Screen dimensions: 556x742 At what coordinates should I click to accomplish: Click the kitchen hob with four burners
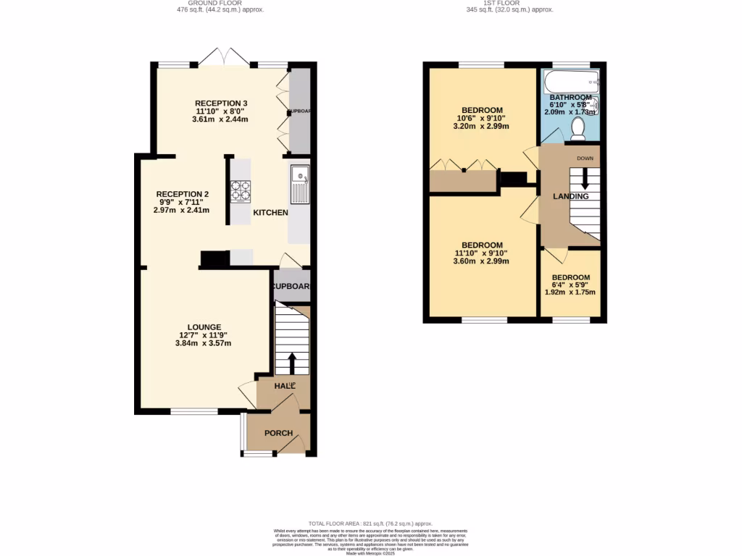click(241, 190)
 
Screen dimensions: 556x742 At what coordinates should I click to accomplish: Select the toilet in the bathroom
click(578, 128)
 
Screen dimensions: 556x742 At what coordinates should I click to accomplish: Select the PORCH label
click(278, 434)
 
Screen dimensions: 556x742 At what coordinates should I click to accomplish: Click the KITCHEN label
click(270, 213)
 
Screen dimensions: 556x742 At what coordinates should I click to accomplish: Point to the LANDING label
click(570, 196)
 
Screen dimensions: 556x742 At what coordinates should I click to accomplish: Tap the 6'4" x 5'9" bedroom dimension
click(570, 285)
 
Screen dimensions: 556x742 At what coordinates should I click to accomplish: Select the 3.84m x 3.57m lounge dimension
click(203, 343)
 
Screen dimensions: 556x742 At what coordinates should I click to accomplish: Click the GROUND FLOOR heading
click(220, 3)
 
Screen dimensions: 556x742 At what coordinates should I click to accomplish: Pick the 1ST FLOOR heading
click(509, 3)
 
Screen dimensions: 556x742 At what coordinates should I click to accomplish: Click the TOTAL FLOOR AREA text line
click(370, 523)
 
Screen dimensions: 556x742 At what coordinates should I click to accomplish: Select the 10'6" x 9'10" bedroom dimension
click(480, 118)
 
